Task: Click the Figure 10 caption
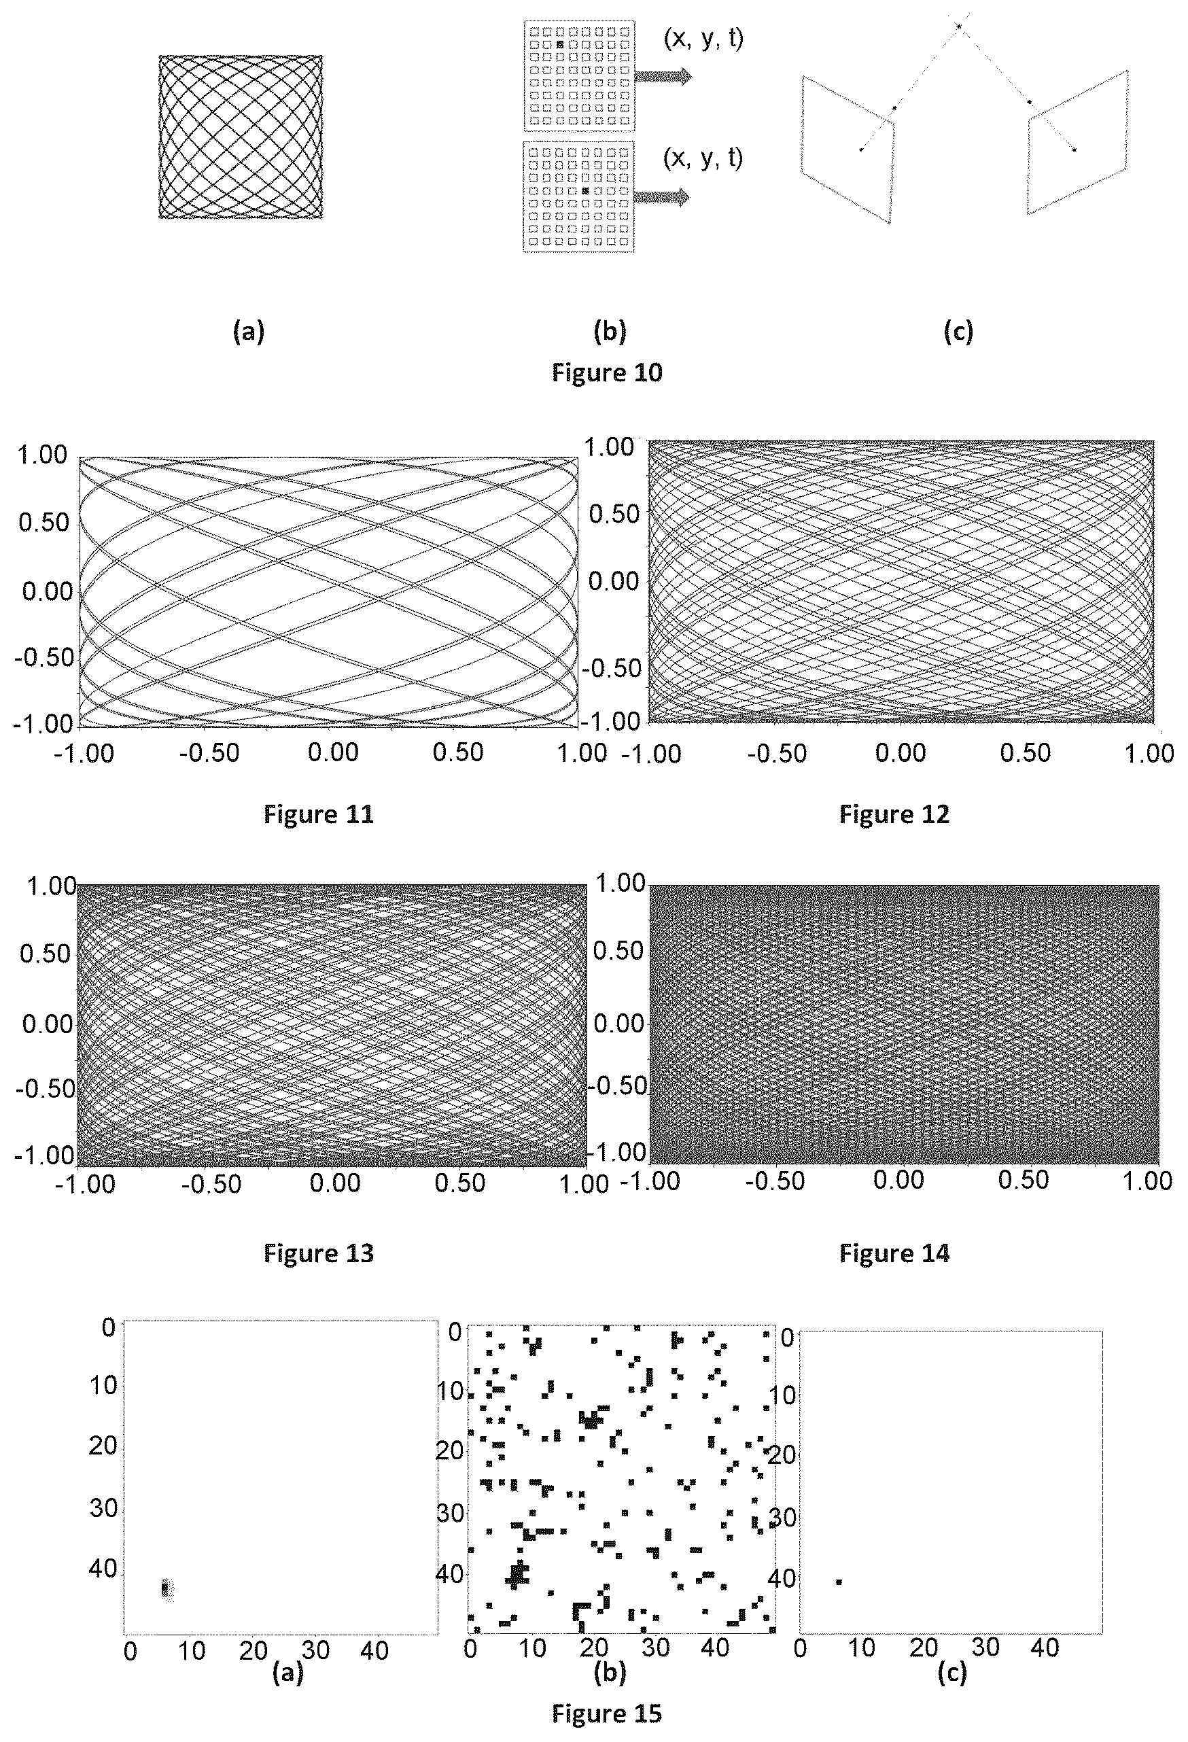(607, 372)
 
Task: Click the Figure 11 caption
(319, 814)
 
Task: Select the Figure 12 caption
(894, 814)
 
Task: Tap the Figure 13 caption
(319, 1253)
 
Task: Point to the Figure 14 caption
(894, 1253)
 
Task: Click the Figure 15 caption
(607, 1713)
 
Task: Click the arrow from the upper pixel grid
(663, 76)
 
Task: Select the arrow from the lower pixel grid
(662, 196)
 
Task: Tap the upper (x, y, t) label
(703, 39)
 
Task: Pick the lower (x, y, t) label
(703, 158)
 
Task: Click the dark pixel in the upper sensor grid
(560, 45)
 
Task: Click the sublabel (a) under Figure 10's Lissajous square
(249, 330)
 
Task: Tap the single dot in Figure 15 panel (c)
(839, 1582)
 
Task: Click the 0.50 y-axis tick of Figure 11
(44, 523)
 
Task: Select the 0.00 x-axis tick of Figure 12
(901, 753)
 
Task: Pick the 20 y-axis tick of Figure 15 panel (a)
(103, 1444)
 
